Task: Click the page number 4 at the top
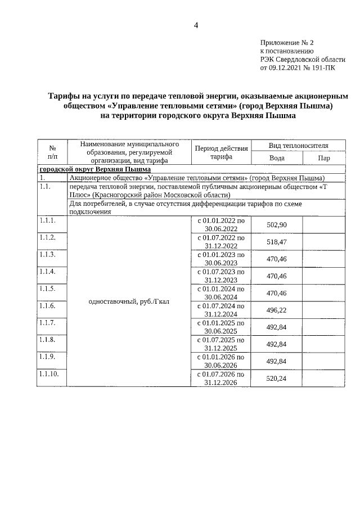pos(196,25)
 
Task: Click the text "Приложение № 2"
pos(287,42)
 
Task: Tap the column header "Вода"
pos(277,158)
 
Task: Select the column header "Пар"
pos(324,158)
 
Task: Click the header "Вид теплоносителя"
pos(299,146)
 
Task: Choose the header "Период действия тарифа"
pos(221,152)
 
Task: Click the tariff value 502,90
pos(277,225)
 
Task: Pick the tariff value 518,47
pos(277,242)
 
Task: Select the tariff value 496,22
pos(277,310)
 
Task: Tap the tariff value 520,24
pos(277,379)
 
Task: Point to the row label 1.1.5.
pos(47,289)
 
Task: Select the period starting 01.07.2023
pos(221,276)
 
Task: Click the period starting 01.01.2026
pos(221,361)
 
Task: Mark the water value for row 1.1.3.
pos(277,259)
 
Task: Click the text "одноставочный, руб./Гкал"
pos(129,301)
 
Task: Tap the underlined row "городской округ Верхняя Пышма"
pos(94,169)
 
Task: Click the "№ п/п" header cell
pos(52,152)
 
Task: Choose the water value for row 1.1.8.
pos(277,344)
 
